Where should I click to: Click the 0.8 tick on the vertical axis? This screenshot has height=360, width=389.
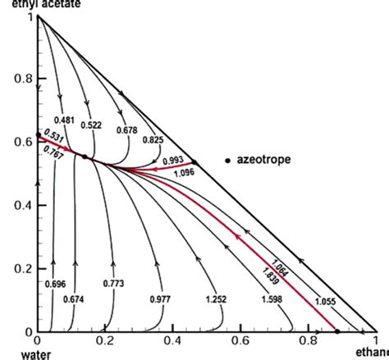[x=22, y=80]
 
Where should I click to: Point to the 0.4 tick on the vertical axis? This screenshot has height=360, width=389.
[x=22, y=205]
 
